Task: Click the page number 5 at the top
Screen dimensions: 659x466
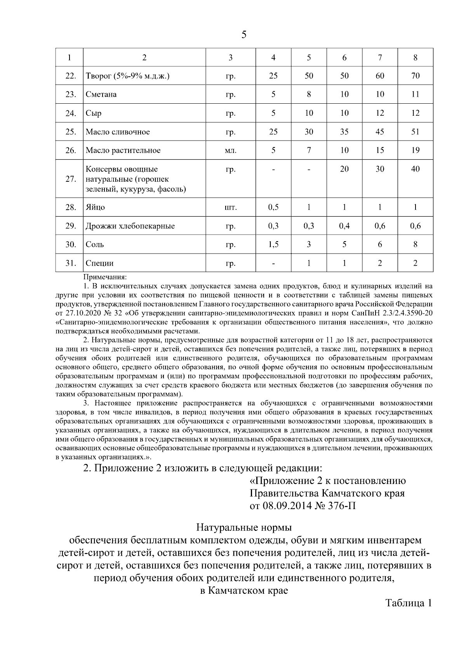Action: click(243, 35)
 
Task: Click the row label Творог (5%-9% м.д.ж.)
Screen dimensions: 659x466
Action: click(128, 76)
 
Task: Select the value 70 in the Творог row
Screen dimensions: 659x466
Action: click(415, 76)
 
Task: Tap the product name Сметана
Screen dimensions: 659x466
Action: click(101, 94)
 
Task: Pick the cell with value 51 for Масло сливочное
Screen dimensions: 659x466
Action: click(415, 132)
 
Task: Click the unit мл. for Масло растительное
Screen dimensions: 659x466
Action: click(230, 151)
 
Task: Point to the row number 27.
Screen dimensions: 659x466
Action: click(70, 179)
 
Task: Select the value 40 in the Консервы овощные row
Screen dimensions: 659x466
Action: click(415, 169)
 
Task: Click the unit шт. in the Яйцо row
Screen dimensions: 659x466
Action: click(230, 207)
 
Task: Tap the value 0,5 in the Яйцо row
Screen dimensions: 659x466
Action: click(273, 207)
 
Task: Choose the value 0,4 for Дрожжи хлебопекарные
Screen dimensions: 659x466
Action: click(344, 226)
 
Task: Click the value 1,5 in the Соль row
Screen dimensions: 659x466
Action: click(273, 244)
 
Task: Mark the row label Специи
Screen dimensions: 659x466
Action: click(100, 263)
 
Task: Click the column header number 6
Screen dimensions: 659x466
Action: click(344, 58)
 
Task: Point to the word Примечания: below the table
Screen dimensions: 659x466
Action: click(105, 278)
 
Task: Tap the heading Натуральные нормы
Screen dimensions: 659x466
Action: click(243, 528)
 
